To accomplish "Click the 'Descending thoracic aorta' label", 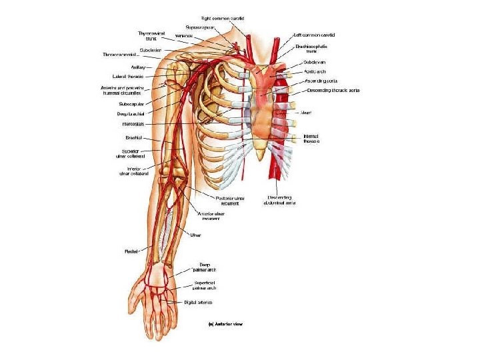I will coord(333,90).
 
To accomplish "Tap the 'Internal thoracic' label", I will coord(311,139).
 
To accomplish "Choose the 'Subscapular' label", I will coord(129,104).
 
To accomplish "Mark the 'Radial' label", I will coord(131,251).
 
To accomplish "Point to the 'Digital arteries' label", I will coord(198,303).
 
